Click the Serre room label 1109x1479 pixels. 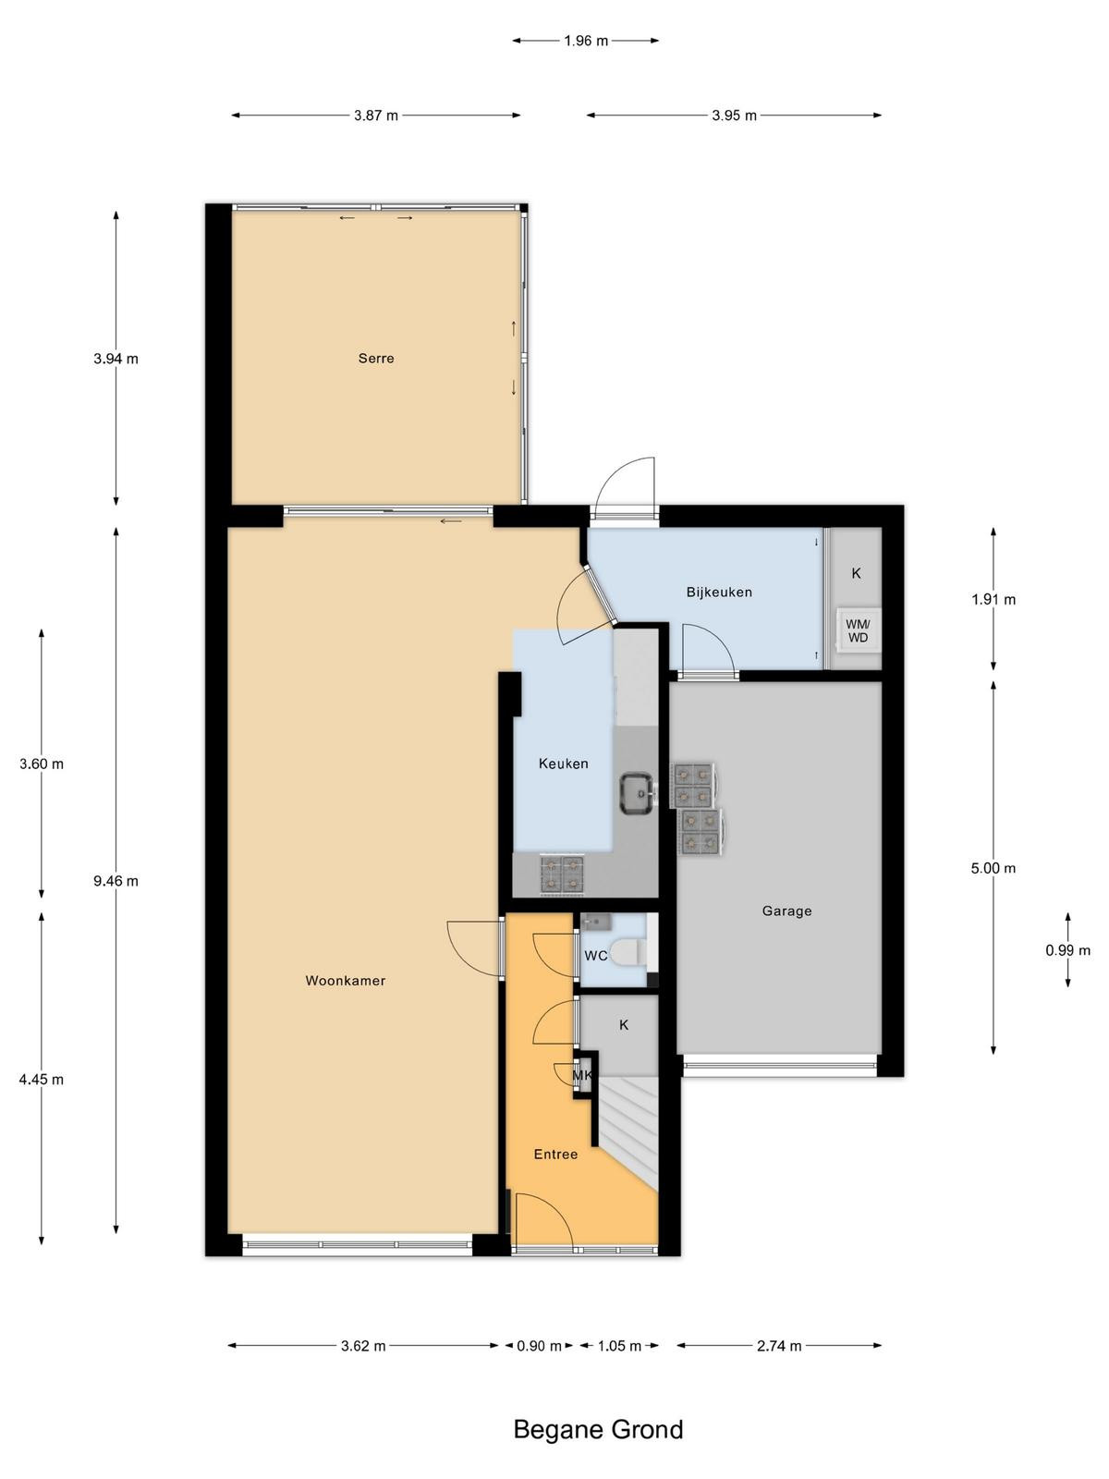click(x=376, y=359)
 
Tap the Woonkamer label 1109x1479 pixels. click(x=346, y=981)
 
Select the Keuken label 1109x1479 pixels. click(x=564, y=764)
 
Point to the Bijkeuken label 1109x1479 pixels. click(x=719, y=592)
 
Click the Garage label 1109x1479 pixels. click(x=786, y=911)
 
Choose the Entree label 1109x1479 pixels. click(x=555, y=1155)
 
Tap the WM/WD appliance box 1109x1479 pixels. click(x=858, y=630)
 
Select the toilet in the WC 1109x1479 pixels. click(x=631, y=952)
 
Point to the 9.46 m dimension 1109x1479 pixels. click(x=116, y=881)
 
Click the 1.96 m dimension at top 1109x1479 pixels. click(x=586, y=41)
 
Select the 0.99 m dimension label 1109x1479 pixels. click(x=1068, y=950)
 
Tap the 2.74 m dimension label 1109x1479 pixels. click(x=779, y=1346)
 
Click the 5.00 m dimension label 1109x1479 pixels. click(x=993, y=868)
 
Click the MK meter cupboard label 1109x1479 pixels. click(x=582, y=1075)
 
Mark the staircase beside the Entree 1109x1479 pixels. click(x=628, y=1132)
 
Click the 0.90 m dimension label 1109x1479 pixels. click(x=539, y=1346)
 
